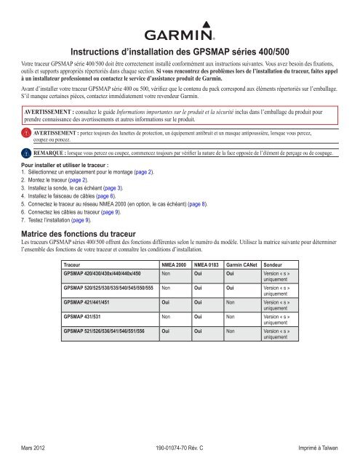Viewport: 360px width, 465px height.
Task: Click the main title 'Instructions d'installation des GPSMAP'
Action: [x=180, y=52]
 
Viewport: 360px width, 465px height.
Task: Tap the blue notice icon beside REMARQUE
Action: [x=26, y=153]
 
